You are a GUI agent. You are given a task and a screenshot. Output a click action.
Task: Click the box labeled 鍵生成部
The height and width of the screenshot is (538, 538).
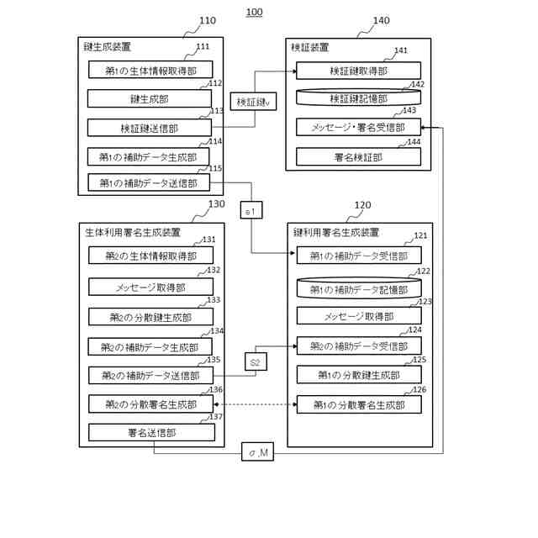(150, 99)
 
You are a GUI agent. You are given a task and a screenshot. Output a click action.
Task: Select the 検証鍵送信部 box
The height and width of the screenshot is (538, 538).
(150, 128)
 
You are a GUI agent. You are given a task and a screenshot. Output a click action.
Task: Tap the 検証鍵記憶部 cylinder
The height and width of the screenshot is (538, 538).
(359, 98)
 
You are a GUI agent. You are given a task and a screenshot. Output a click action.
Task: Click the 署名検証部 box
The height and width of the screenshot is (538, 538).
(359, 157)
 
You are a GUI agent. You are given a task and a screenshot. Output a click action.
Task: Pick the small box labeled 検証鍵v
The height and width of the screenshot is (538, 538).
(253, 102)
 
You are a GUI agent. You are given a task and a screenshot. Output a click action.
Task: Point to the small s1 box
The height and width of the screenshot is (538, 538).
(251, 210)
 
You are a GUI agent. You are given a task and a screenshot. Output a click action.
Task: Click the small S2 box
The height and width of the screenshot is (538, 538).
(256, 362)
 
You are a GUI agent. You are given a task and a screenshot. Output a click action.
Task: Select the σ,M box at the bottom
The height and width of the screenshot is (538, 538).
(258, 452)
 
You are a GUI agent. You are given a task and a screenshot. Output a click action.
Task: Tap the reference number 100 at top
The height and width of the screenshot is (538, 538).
(254, 13)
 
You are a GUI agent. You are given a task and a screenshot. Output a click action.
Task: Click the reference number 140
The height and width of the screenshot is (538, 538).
(381, 20)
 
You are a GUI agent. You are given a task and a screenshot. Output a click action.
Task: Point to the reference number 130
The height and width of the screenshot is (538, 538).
(217, 204)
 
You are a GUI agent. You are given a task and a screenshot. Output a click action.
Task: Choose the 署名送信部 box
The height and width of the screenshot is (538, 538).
(151, 433)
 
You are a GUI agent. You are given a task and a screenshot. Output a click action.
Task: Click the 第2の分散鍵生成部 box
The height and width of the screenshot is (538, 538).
(150, 317)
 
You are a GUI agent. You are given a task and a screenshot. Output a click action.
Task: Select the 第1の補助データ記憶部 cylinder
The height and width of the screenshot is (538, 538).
(359, 289)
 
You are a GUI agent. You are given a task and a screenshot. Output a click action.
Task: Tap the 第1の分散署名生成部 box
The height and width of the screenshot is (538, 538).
(359, 404)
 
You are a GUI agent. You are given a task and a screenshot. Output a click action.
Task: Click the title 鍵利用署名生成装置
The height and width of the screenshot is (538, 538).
(336, 233)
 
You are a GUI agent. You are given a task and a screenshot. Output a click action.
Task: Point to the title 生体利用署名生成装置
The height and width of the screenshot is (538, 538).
(133, 232)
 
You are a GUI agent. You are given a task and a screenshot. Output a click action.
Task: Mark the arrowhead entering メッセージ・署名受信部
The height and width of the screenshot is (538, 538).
(424, 128)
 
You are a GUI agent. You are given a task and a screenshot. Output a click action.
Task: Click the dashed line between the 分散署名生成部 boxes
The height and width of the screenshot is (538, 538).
(255, 404)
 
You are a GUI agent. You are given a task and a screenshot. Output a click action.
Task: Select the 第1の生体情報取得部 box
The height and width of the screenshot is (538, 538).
(150, 70)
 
